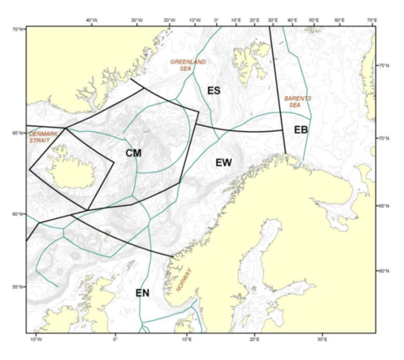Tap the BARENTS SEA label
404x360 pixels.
click(298, 101)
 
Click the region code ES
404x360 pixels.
click(214, 90)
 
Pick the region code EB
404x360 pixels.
click(300, 130)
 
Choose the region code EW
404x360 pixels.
click(224, 162)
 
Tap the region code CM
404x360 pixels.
click(134, 153)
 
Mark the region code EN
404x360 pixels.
click(143, 292)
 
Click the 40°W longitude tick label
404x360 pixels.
click(92, 21)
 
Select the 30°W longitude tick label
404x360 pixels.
click(137, 21)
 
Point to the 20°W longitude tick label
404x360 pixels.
click(169, 21)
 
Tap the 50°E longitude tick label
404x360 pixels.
click(313, 21)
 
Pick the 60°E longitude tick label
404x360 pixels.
click(340, 21)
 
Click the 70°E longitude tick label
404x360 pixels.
click(372, 21)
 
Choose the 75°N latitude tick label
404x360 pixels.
click(384, 66)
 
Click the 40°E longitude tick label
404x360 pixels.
click(292, 21)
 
